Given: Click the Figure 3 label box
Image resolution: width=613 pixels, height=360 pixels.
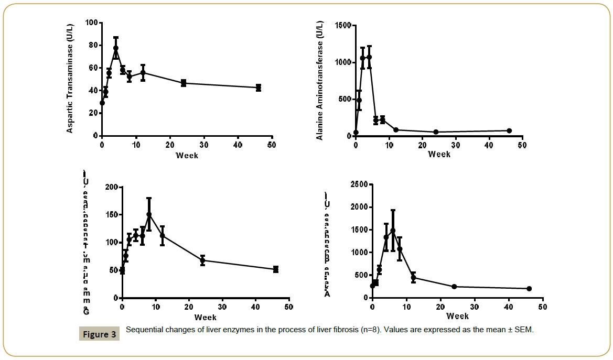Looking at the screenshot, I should pos(99,334).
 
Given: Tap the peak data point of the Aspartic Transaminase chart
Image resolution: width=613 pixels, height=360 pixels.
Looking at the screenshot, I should pos(116,48).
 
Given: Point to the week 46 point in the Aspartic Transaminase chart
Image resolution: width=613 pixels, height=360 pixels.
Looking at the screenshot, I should pos(259,88).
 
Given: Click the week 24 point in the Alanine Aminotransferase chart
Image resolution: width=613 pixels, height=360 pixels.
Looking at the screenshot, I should pos(436,132).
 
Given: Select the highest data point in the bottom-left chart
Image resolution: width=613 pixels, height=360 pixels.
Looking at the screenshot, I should pos(149,214).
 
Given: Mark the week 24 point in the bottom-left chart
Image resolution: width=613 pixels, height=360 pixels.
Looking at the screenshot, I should pos(202,260).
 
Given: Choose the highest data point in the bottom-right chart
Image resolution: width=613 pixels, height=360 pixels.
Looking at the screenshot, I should pos(393,231).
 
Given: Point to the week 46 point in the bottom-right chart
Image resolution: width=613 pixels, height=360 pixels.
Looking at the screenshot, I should pos(529,289).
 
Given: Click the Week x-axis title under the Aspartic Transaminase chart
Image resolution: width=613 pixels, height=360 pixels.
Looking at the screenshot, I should pos(187,156).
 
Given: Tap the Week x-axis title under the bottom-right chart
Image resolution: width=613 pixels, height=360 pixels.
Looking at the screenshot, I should pos(457,316).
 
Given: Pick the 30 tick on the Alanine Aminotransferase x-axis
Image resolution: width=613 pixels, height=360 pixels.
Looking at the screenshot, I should pos(456,145).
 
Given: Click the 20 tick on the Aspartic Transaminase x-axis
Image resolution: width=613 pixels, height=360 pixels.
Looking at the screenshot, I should pos(170,145).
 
